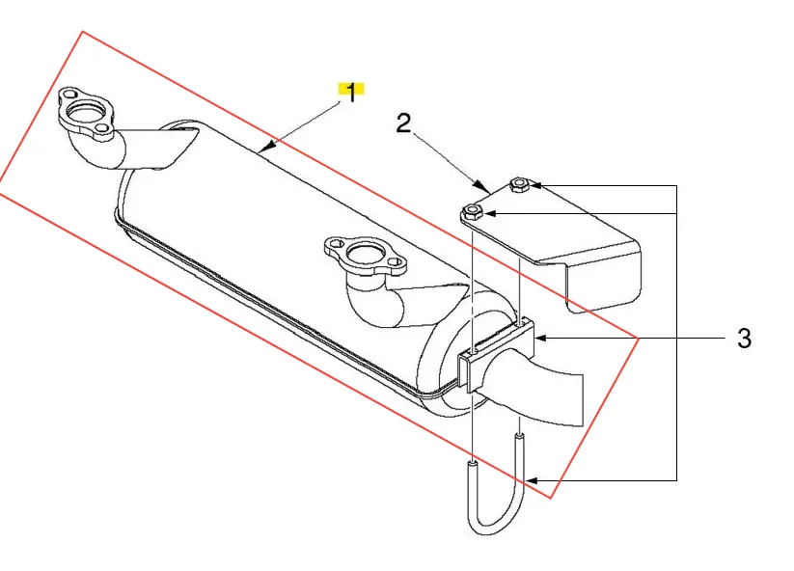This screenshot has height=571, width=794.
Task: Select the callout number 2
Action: (x=403, y=123)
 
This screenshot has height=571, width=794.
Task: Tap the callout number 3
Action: (x=744, y=339)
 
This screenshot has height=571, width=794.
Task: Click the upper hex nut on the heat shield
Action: (x=520, y=184)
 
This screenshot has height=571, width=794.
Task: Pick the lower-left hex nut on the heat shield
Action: (x=473, y=211)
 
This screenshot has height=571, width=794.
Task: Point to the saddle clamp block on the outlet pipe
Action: (x=496, y=354)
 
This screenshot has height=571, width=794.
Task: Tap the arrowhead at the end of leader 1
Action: (x=267, y=148)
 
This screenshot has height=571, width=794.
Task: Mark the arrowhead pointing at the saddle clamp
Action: (x=541, y=338)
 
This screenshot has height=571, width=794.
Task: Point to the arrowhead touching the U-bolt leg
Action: (x=533, y=480)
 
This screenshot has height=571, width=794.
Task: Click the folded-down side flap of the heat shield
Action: (x=604, y=284)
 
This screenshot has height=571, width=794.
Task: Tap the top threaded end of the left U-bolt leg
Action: (x=472, y=463)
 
